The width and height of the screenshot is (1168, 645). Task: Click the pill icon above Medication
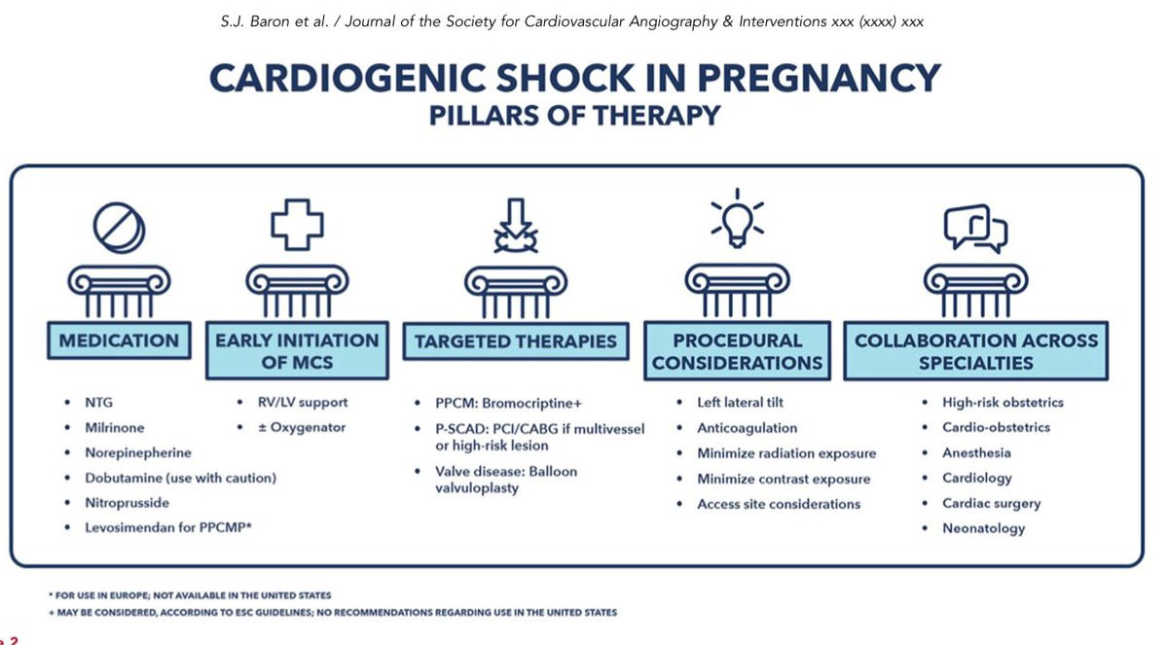(119, 228)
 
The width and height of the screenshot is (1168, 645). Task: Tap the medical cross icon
(297, 225)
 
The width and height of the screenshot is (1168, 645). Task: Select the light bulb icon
(738, 219)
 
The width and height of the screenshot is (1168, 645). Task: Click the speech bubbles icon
(975, 229)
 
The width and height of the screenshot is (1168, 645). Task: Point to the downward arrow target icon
(516, 225)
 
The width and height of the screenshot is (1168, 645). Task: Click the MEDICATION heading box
(119, 340)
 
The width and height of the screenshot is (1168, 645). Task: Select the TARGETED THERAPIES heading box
(516, 341)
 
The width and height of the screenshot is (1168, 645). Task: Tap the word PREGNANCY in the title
(819, 78)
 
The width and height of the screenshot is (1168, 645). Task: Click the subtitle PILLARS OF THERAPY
(574, 115)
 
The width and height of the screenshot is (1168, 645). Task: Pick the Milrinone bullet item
(115, 428)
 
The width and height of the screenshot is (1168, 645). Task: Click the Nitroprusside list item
(128, 503)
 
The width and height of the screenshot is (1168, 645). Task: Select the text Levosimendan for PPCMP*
(168, 528)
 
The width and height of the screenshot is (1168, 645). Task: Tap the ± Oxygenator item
(302, 427)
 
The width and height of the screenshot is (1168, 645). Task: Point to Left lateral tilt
(741, 402)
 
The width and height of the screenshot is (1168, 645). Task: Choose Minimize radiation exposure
(786, 453)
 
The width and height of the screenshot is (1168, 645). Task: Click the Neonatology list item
(983, 528)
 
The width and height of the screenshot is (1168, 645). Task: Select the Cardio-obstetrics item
(996, 427)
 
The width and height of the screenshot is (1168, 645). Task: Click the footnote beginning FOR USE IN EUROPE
(191, 595)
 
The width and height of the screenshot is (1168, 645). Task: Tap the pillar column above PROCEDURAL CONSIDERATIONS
(738, 290)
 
